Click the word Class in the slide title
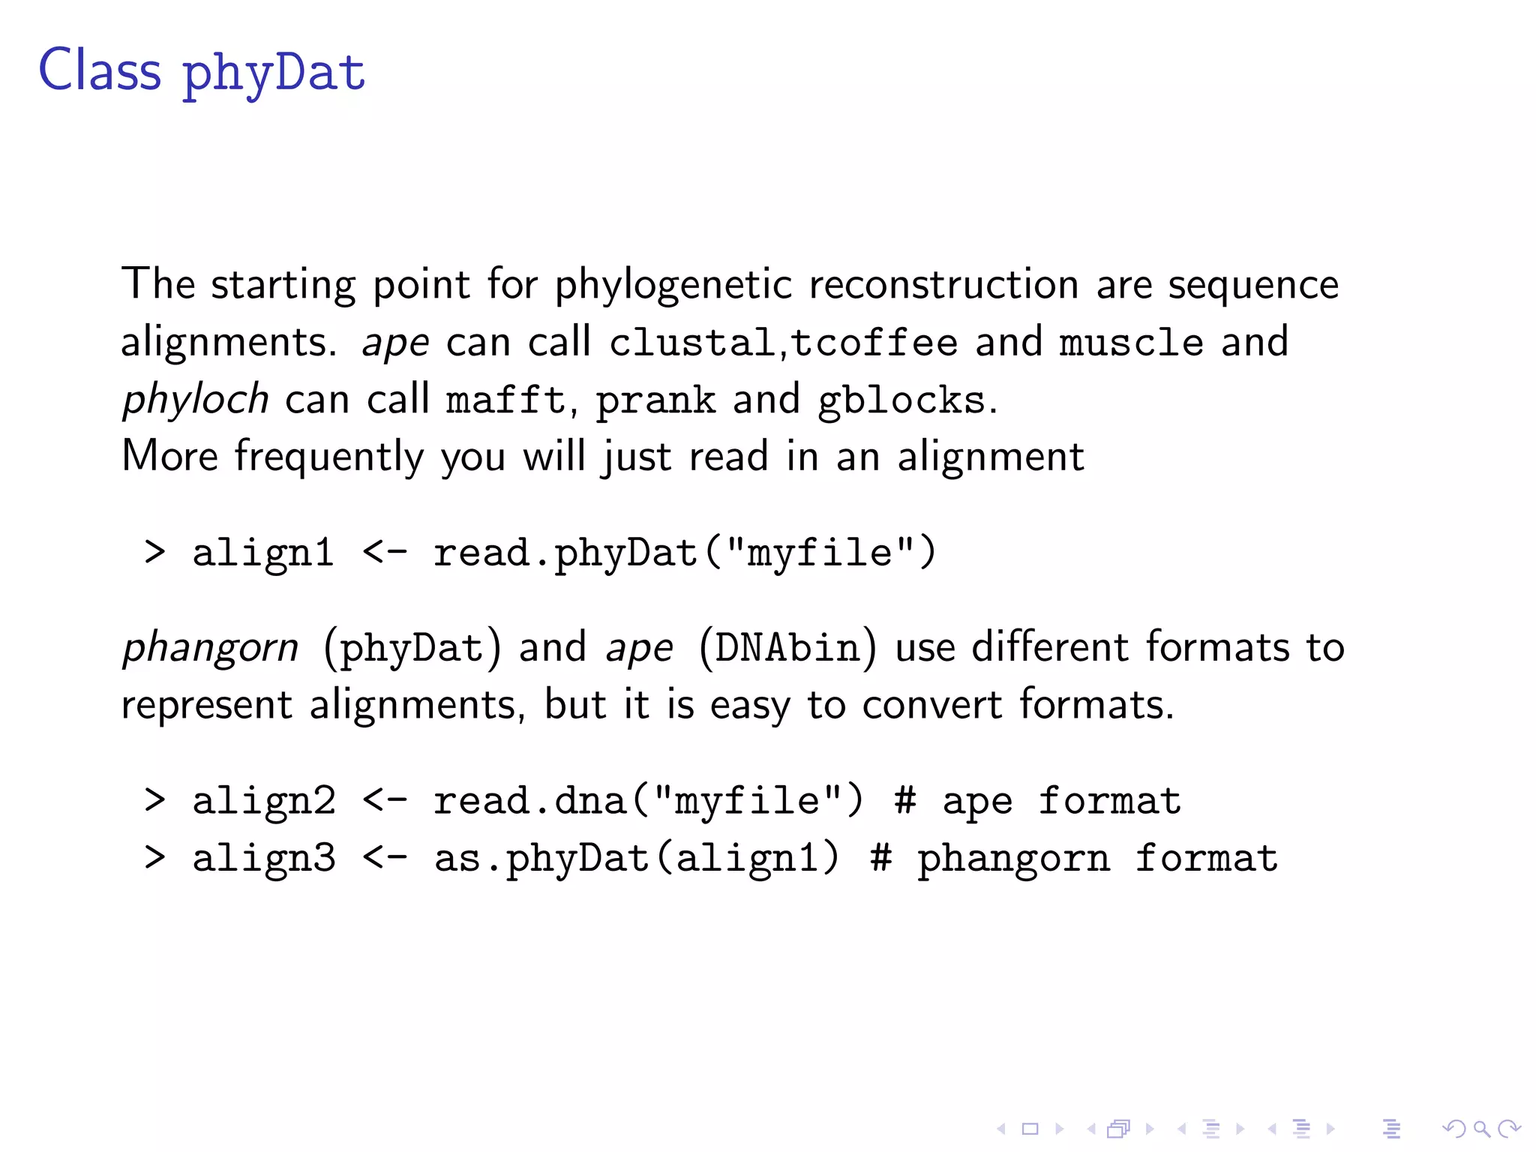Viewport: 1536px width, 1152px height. [100, 70]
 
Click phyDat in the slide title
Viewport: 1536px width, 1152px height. [274, 73]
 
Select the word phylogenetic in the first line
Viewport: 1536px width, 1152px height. [673, 286]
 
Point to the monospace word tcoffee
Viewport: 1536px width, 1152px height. [874, 343]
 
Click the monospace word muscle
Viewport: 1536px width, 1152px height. [1131, 343]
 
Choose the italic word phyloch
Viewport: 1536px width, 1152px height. [196, 399]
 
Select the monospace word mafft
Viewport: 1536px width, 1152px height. [505, 400]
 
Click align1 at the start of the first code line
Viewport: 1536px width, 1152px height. [263, 554]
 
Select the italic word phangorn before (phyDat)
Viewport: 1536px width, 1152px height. [211, 648]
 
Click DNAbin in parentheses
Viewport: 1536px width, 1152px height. [787, 648]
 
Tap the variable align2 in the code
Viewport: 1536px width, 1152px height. [264, 802]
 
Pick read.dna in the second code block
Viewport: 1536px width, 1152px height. [529, 801]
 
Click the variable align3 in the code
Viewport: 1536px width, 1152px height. [264, 859]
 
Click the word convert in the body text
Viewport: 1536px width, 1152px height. [931, 706]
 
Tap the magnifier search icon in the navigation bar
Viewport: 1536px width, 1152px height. [1481, 1129]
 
